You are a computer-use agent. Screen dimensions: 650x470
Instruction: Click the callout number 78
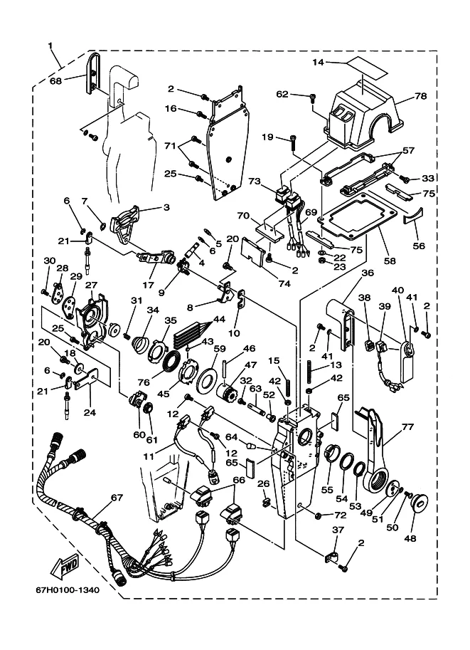(420, 95)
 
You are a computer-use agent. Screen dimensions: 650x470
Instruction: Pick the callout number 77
(407, 429)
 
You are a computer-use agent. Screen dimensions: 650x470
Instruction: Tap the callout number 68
(55, 80)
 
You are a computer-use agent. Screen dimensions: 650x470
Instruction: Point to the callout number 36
(368, 273)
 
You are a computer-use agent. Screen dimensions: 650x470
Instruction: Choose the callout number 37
(338, 530)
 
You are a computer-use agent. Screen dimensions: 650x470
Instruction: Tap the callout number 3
(166, 208)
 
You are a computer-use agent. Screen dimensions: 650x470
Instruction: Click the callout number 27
(91, 285)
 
